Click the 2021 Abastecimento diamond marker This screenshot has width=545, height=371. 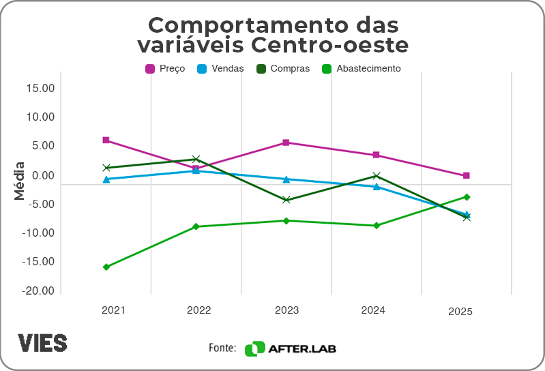106,267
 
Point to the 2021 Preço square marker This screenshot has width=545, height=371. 106,140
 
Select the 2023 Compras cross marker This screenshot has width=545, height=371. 286,200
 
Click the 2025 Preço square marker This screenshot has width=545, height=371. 467,176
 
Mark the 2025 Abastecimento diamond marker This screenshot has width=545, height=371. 467,197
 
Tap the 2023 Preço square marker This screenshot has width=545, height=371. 286,143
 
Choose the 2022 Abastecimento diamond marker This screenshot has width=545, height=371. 196,226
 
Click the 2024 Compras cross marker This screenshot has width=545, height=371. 377,176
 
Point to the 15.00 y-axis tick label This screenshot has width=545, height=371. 40,88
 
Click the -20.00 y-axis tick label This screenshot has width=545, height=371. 39,291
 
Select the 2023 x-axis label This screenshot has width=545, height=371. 286,310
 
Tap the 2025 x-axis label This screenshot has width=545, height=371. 460,312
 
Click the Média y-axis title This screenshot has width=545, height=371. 19,181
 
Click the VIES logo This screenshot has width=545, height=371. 42,343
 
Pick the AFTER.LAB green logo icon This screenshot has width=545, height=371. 254,348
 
